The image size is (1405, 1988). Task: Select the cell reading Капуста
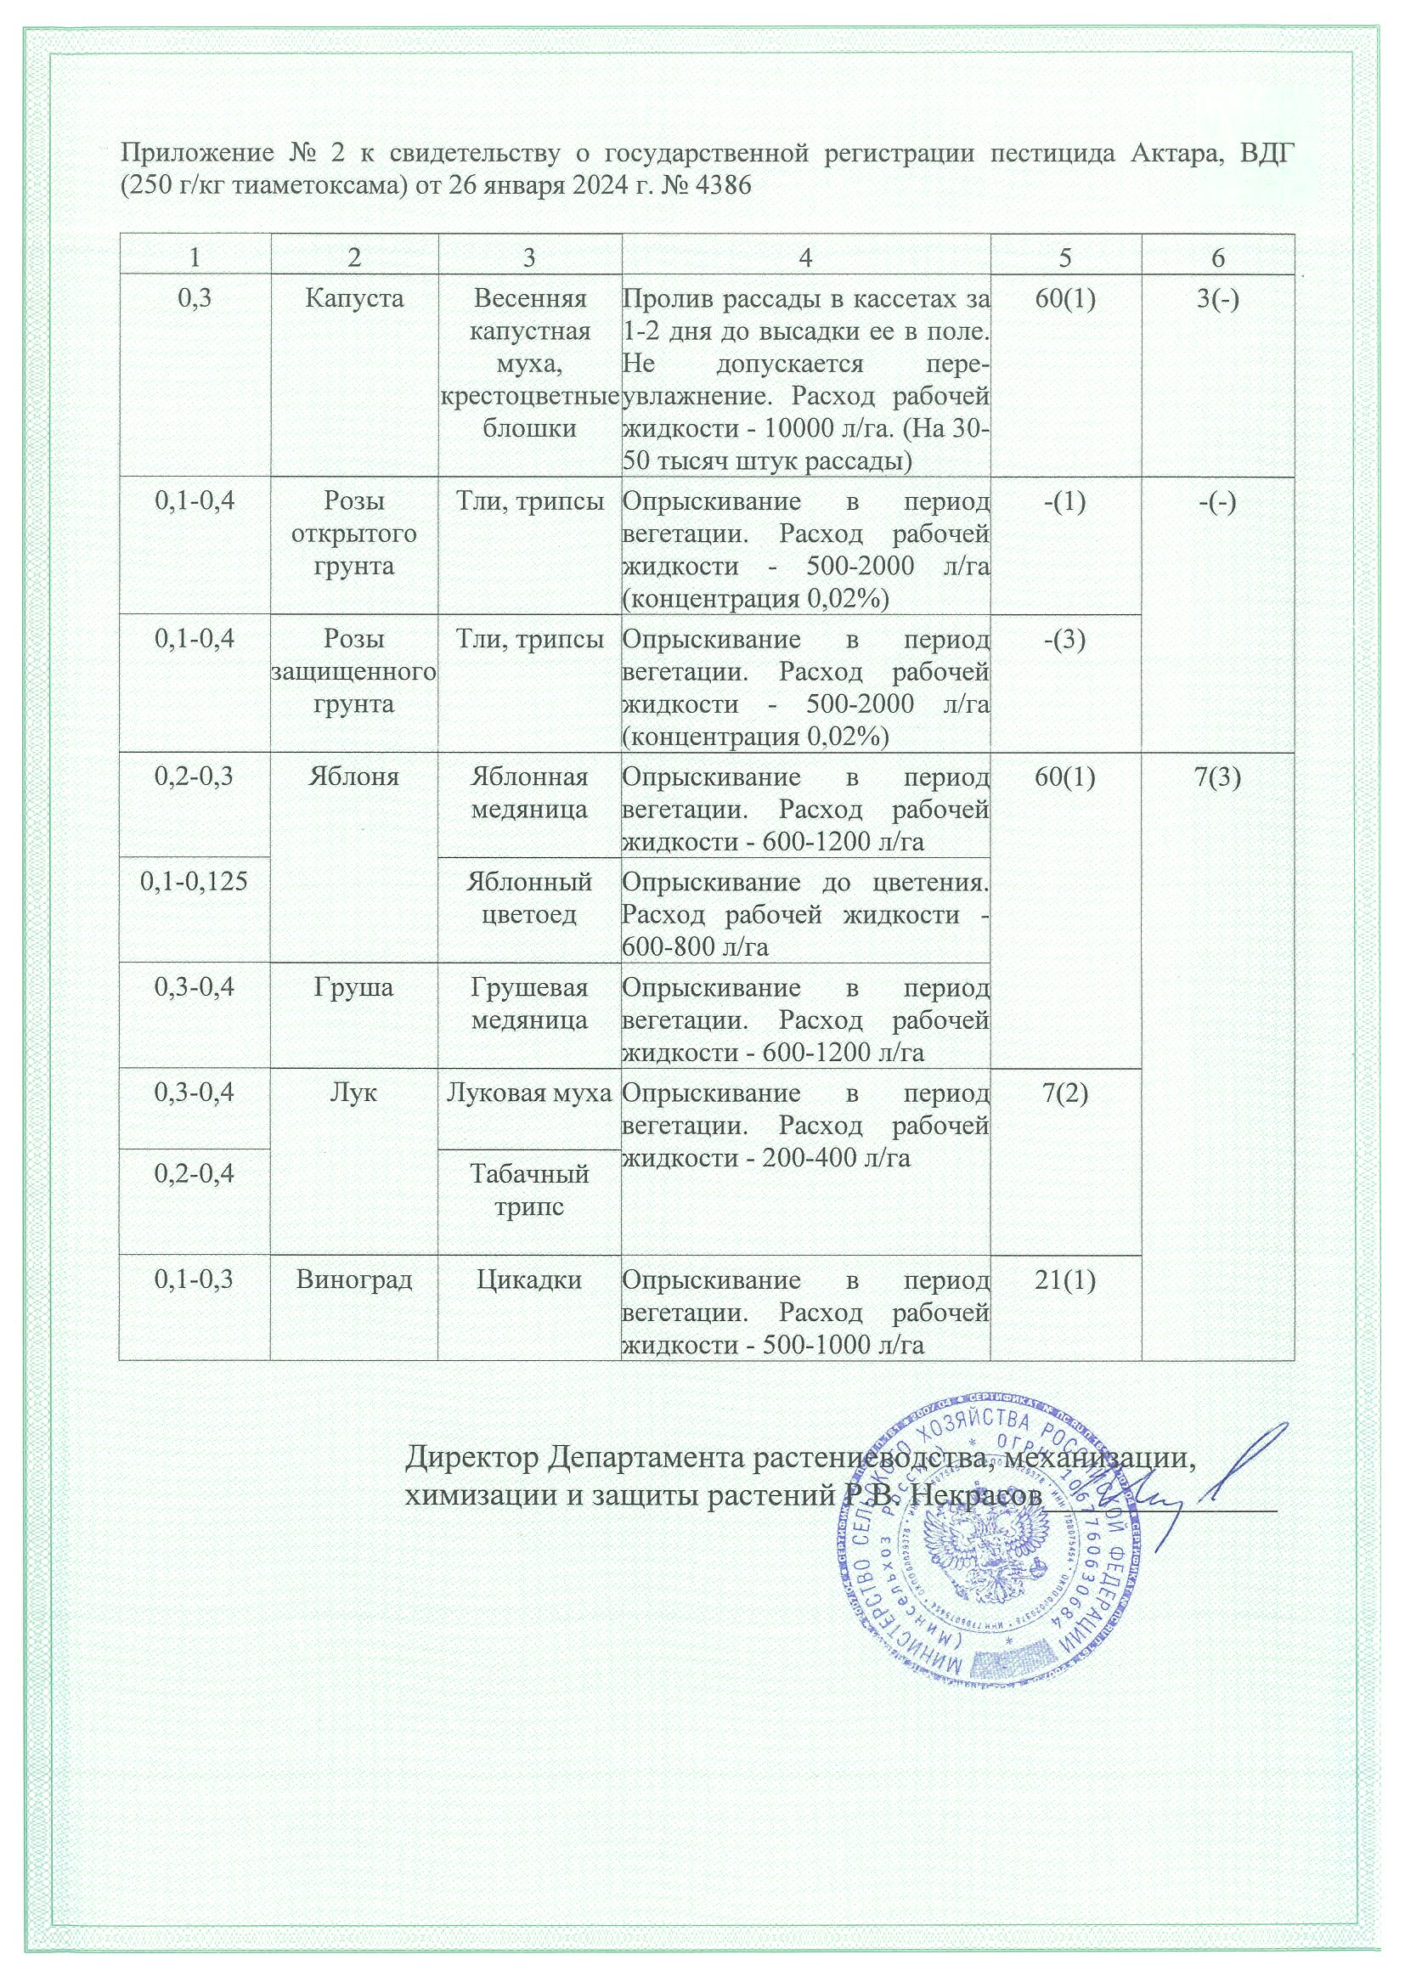point(354,299)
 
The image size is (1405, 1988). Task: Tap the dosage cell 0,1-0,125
point(194,883)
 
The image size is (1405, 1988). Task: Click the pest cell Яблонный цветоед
point(529,898)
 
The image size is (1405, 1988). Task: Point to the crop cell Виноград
point(354,1279)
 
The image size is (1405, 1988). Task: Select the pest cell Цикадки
point(529,1279)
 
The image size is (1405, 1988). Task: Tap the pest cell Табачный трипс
point(529,1190)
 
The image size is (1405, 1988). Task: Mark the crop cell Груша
point(354,988)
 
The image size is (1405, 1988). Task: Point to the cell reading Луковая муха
point(529,1093)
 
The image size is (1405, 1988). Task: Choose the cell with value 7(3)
point(1217,777)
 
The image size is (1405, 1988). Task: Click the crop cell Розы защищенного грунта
point(354,672)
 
